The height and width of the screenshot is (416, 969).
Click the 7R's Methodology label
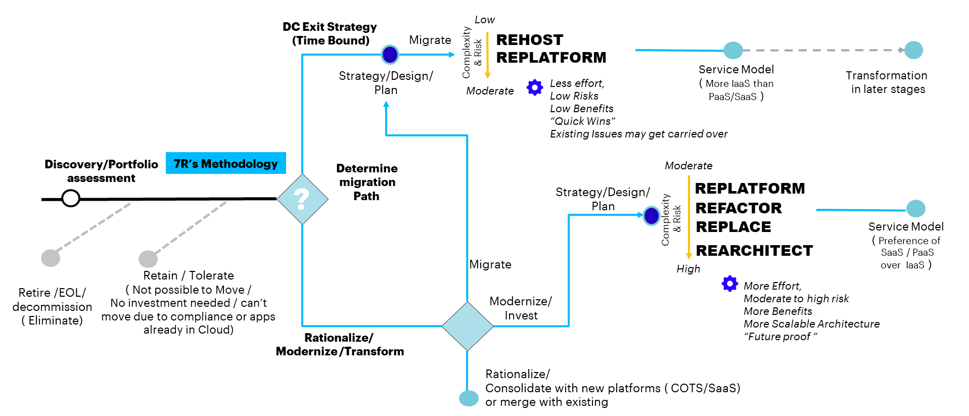point(225,163)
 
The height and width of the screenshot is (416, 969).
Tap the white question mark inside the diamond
point(302,199)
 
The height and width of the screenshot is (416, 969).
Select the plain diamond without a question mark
point(467,326)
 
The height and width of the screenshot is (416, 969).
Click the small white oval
point(71,198)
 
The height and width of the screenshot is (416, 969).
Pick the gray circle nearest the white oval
point(51,258)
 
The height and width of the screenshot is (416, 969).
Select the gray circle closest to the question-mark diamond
point(148,259)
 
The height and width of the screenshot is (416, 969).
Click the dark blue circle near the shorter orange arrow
point(390,55)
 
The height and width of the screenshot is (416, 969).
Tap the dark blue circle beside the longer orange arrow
point(652,216)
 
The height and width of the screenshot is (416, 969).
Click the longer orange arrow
point(688,217)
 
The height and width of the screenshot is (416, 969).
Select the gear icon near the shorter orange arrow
point(535,87)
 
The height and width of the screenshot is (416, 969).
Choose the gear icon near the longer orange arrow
point(730,284)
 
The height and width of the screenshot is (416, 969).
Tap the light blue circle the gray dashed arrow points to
point(913,50)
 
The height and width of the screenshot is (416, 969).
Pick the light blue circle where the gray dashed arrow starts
point(733,51)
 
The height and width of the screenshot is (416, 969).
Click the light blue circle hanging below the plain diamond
point(469,398)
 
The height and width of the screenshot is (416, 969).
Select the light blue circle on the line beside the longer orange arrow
point(915,208)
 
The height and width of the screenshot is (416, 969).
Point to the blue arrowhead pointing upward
point(386,104)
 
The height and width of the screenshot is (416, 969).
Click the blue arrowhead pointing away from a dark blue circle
point(452,55)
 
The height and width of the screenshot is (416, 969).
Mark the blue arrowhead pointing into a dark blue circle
point(640,215)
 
